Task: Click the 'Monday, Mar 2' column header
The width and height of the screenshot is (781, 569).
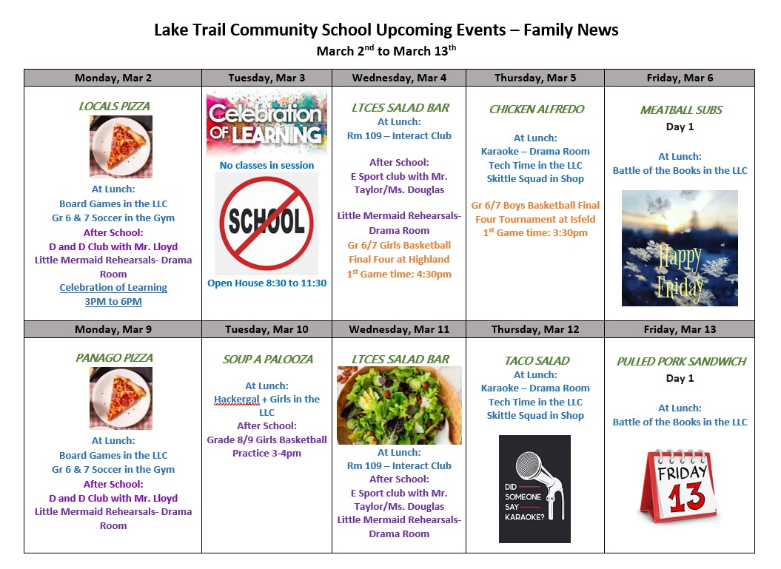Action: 113,78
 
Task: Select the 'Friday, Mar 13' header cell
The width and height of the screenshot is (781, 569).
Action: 679,329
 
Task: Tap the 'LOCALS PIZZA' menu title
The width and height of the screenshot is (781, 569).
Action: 113,107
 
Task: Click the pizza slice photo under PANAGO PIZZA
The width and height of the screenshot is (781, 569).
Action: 121,398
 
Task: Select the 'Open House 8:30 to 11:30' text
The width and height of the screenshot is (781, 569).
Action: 267,283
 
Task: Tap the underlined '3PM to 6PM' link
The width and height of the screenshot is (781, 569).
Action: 113,302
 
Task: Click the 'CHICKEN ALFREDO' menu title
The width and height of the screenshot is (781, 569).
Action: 537,110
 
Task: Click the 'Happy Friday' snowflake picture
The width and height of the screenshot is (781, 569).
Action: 680,248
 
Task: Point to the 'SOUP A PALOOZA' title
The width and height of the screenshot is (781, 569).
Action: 267,360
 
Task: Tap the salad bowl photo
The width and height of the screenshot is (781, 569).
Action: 399,405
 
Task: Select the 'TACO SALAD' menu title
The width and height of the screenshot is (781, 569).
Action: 537,361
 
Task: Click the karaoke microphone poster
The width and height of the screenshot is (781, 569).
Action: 534,488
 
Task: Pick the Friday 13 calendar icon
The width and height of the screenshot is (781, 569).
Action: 680,485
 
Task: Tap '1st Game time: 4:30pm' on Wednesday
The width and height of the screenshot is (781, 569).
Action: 399,275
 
